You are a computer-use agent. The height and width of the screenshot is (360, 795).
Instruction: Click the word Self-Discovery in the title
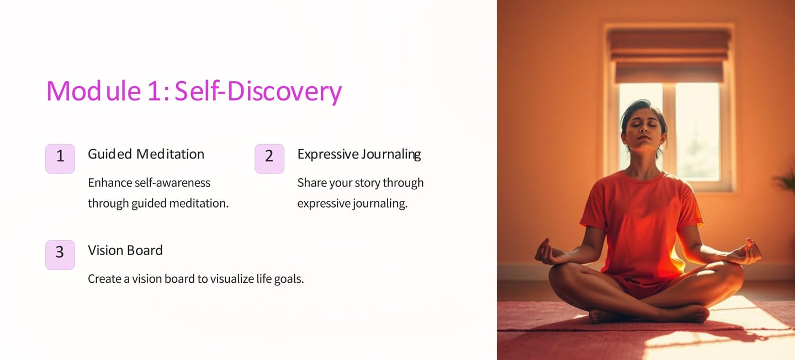258,91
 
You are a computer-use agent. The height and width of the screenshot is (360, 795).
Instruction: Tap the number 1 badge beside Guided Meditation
60,158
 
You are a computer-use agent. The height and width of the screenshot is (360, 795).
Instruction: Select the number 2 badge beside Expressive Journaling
269,158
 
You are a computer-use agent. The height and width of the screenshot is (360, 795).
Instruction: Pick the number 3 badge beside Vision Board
60,255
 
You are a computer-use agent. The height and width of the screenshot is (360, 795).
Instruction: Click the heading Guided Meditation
146,155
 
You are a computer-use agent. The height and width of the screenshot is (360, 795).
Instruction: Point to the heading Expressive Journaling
359,155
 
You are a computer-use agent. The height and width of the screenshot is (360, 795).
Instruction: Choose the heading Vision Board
125,250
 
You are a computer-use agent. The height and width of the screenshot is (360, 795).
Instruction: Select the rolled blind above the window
669,55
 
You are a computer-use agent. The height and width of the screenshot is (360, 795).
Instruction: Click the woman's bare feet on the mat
649,314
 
